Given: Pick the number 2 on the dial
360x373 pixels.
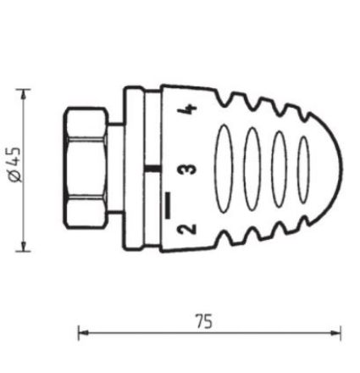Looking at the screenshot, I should coord(189,228).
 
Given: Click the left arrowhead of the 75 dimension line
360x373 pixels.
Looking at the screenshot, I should coord(81,333).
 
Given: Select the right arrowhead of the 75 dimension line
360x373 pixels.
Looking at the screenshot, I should coord(338,333).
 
